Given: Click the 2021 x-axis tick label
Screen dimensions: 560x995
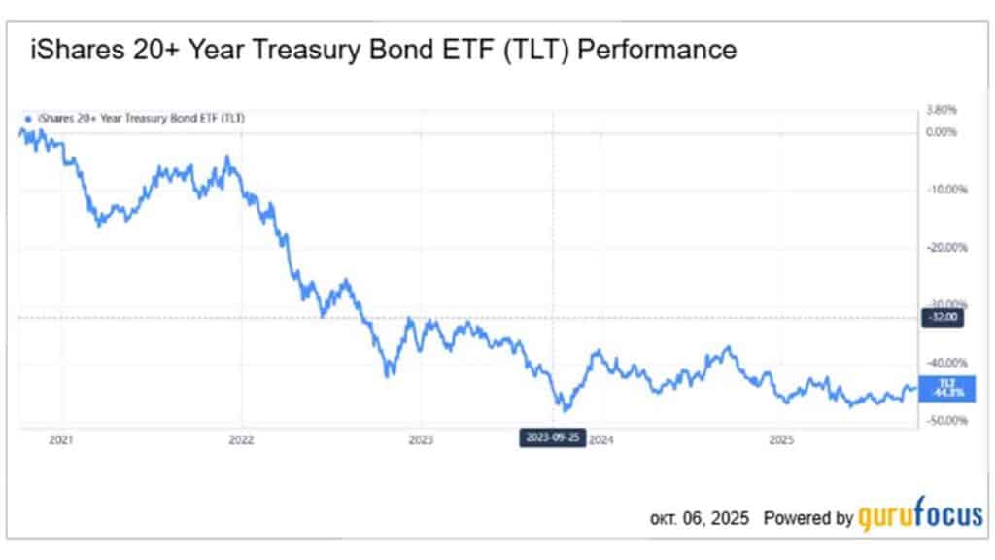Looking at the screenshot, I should [x=61, y=440].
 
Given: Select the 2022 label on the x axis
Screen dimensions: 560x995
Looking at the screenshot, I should [x=241, y=440].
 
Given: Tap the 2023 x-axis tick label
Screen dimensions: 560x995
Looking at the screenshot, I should [x=421, y=440].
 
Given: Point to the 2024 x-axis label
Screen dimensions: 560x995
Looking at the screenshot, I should [x=600, y=440].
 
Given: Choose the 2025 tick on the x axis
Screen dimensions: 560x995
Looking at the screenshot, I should [x=782, y=440].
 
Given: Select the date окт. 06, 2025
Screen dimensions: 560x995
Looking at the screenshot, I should [x=700, y=519].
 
